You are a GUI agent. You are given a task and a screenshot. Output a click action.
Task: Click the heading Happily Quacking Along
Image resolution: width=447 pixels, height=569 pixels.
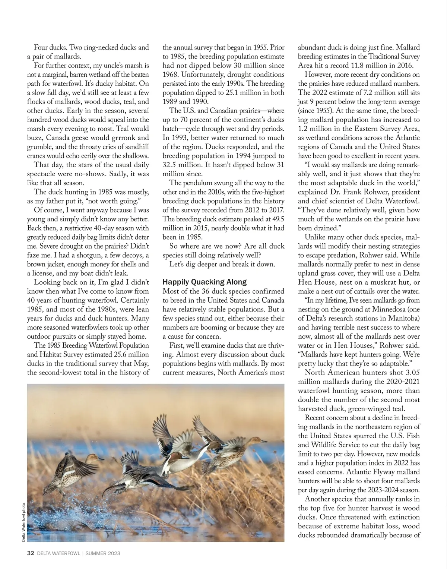[x=205, y=282]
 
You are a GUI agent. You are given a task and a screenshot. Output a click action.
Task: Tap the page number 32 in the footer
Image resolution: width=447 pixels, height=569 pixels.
[x=31, y=553]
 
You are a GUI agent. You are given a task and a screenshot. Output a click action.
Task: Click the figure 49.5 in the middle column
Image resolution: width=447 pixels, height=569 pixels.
[x=276, y=219]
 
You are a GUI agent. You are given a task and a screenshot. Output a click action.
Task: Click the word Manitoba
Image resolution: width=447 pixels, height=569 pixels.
[x=404, y=318]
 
